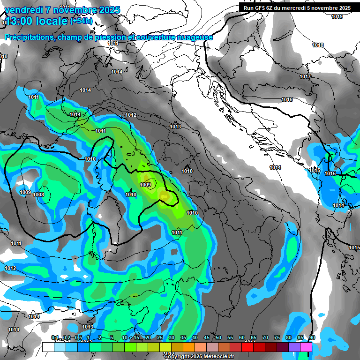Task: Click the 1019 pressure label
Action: (337, 17)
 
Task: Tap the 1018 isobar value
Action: (318, 45)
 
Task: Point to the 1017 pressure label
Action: (305, 76)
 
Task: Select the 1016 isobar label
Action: (287, 100)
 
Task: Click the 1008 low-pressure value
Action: (38, 195)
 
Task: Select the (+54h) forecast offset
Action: (81, 21)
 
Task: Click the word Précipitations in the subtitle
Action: (29, 37)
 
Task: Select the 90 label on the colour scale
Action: (312, 338)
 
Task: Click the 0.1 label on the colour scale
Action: (54, 338)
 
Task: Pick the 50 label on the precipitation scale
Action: (218, 338)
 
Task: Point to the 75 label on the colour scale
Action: (277, 338)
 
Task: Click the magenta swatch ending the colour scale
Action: (306, 347)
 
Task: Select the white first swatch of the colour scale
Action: (48, 347)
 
